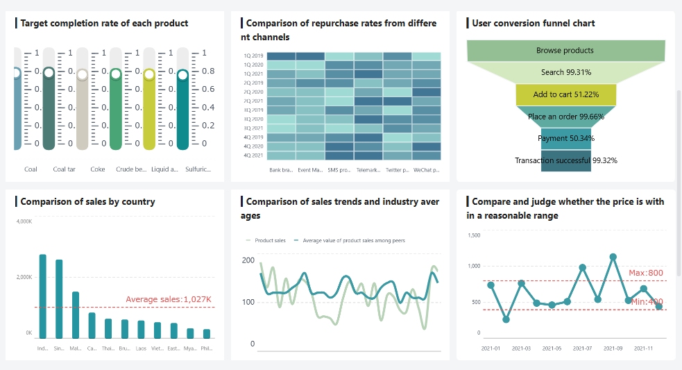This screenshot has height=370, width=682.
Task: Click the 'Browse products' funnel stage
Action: pos(565,51)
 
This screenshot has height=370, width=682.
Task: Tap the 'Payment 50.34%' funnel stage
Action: pos(565,138)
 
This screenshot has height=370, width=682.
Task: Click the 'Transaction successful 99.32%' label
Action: pos(565,160)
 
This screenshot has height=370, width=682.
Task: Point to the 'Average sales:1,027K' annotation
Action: pos(168,299)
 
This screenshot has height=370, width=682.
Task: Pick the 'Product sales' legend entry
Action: pos(266,240)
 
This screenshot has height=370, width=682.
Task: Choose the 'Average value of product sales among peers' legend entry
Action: pos(350,240)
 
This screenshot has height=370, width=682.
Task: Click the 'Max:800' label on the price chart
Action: pos(645,273)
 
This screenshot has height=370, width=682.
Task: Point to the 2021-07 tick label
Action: pos(582,348)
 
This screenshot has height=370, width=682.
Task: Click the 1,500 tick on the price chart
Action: pos(475,235)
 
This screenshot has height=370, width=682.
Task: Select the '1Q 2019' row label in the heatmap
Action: pos(253,56)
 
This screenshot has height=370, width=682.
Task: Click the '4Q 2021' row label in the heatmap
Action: pos(253,155)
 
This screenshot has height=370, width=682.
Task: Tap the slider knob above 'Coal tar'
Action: pos(49,72)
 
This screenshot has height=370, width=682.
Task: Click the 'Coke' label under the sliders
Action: pos(98,169)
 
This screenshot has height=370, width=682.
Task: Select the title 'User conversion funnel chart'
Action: pos(533,23)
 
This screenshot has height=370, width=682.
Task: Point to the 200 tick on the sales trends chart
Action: pos(248,260)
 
